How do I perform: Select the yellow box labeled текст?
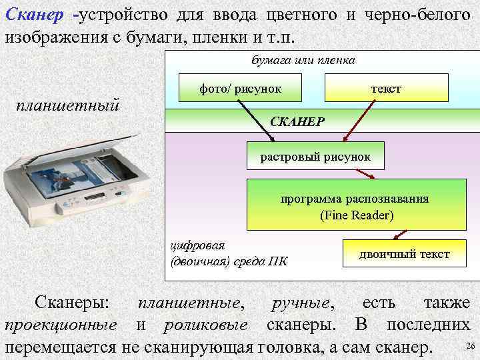(386, 89)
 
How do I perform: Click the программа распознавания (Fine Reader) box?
(354, 206)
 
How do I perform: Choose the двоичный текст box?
(405, 254)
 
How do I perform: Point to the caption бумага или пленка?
(303, 60)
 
